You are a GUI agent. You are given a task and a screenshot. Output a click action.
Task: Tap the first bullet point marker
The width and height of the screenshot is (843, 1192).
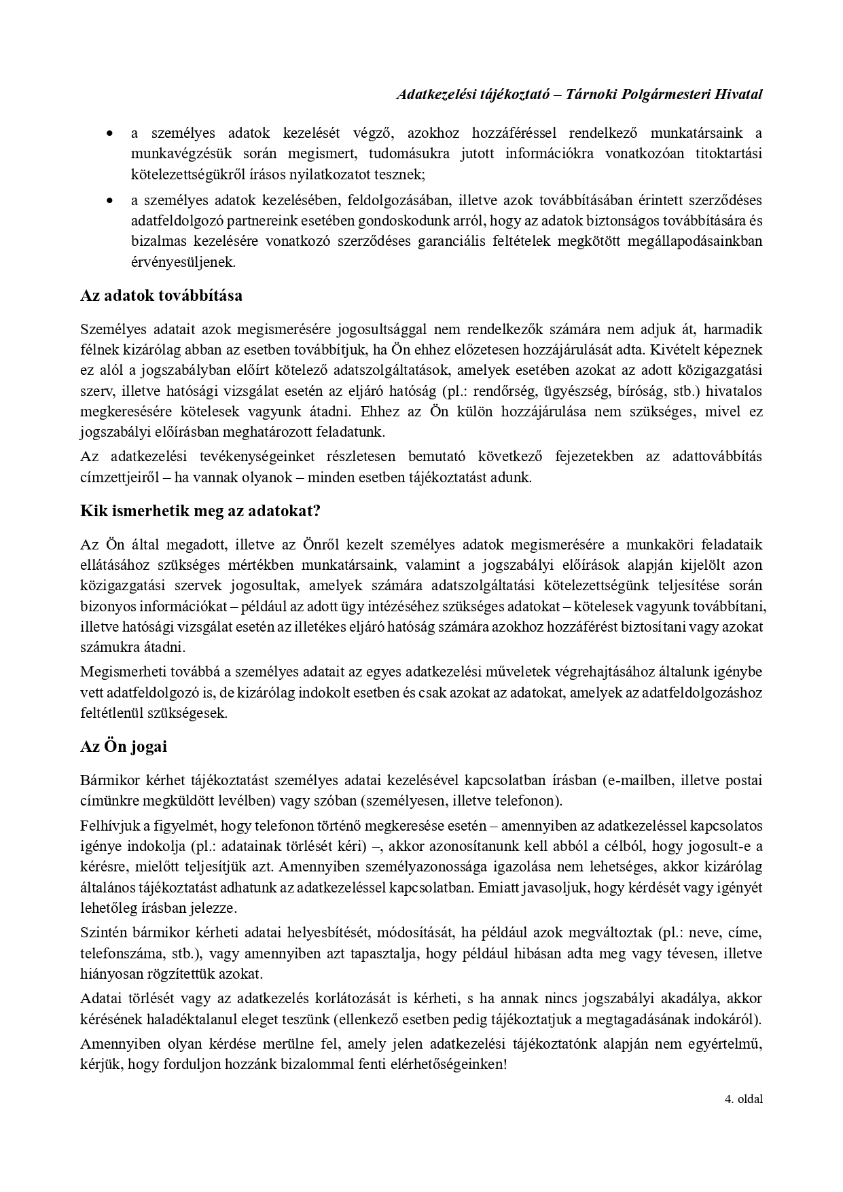click(110, 133)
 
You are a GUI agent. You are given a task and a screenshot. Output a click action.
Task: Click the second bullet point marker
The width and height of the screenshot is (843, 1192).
click(110, 200)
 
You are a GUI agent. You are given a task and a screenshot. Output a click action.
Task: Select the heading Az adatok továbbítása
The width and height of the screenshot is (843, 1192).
click(161, 296)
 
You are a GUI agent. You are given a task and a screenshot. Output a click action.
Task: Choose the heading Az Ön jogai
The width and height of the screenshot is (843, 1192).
click(124, 746)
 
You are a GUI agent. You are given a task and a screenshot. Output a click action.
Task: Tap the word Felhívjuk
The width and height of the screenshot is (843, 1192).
click(109, 826)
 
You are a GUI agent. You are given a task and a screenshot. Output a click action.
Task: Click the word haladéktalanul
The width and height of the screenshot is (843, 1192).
click(207, 1019)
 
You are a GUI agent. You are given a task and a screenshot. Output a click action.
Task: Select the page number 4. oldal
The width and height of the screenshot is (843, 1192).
click(744, 1099)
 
